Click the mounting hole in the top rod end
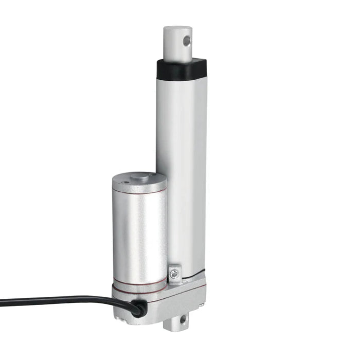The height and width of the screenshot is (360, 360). coord(187,40)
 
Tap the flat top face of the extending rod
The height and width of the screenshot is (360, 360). coord(177,29)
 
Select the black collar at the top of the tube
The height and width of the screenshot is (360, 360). coord(181,67)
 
